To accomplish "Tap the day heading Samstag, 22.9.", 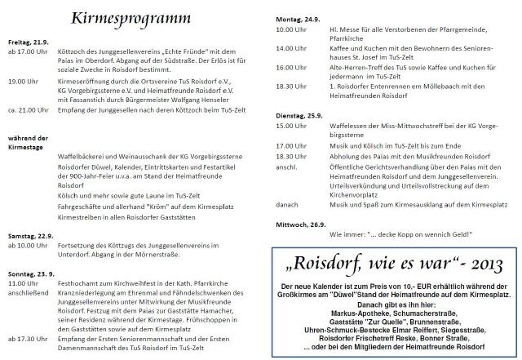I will [30, 235].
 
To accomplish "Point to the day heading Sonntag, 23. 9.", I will [31, 273].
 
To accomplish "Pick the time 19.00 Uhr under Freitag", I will [24, 82].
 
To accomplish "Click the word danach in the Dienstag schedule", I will [287, 206].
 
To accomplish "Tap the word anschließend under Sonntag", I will [31, 292].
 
